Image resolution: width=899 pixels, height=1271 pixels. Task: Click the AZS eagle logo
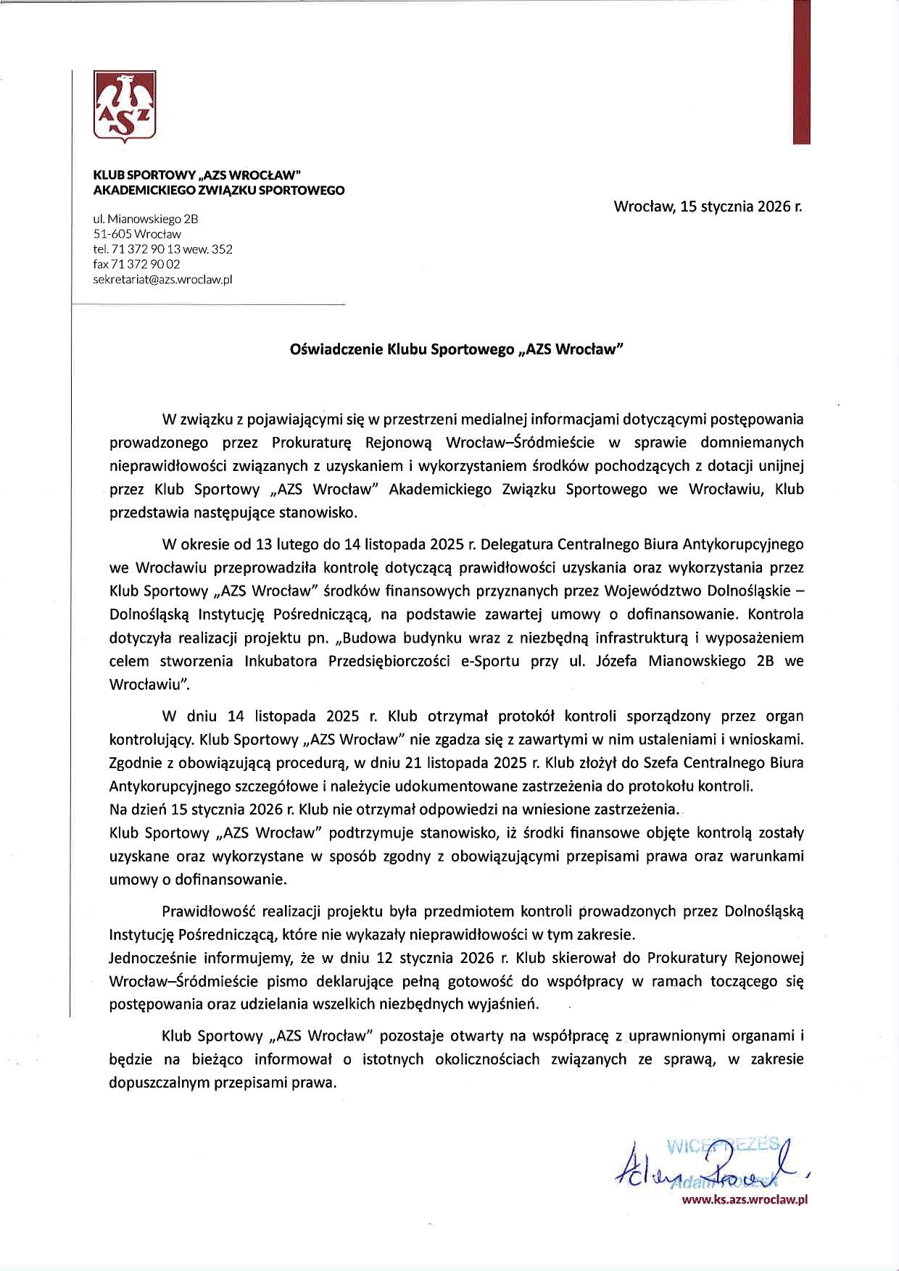coord(125,106)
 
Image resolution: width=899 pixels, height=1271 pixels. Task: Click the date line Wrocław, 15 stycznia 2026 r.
coord(708,207)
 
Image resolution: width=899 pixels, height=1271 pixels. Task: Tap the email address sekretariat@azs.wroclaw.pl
coord(162,279)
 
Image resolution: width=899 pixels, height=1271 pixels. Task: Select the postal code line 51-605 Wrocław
coord(137,234)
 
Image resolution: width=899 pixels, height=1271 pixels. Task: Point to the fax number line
coord(136,264)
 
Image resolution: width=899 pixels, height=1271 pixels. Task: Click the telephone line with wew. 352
coord(162,249)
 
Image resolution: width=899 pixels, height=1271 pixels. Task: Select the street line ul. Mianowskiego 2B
coord(146,219)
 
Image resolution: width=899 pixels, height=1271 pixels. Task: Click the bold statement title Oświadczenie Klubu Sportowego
coord(456,349)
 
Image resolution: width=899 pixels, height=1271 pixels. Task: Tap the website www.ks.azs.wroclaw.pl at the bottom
coord(745,1199)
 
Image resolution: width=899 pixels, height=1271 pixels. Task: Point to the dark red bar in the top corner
coord(801,72)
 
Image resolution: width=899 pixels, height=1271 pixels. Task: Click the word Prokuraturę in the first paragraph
coord(312,442)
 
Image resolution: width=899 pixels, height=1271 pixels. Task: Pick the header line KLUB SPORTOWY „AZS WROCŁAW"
coord(196,175)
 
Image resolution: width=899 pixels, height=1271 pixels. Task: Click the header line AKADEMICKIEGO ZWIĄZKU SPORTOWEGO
coord(219,191)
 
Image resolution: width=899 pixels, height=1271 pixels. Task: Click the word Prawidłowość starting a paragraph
coord(208,911)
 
